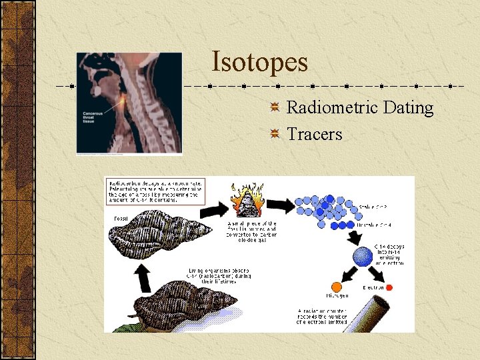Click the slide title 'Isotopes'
(x=259, y=62)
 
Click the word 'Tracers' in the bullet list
(x=314, y=134)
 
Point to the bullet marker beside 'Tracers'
(x=275, y=135)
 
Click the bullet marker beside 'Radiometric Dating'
(x=275, y=108)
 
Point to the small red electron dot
(x=389, y=287)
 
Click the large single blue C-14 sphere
(x=363, y=257)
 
